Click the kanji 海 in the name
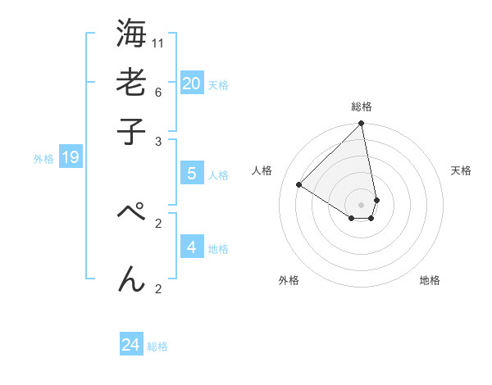(x=131, y=35)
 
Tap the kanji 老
(x=131, y=83)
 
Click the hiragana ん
(x=131, y=279)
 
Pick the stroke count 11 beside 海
(x=158, y=43)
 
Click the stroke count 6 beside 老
(x=158, y=91)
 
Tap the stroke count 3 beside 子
(x=158, y=141)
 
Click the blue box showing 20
(x=191, y=83)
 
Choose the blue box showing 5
(x=191, y=174)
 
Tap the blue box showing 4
(x=191, y=247)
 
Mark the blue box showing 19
(x=70, y=157)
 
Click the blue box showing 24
(x=130, y=345)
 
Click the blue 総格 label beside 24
(x=157, y=346)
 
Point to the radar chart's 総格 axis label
(x=362, y=106)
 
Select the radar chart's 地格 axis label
(x=430, y=280)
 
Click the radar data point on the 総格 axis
(x=361, y=125)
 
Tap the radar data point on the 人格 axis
(x=299, y=185)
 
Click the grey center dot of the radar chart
(x=361, y=205)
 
